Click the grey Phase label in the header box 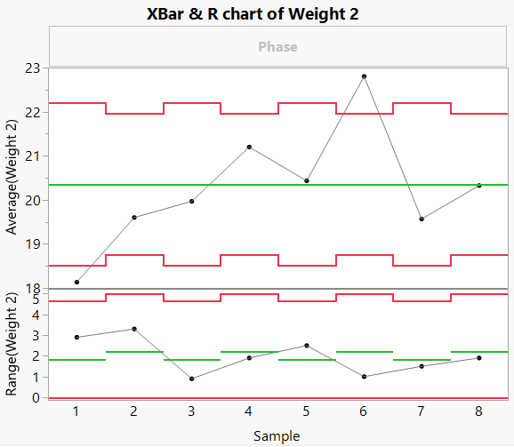[x=277, y=46]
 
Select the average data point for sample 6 [x=364, y=76]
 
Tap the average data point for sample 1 [x=77, y=282]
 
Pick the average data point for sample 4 [x=249, y=147]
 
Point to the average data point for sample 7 [x=422, y=219]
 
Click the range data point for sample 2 [x=134, y=329]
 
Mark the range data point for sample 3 [x=192, y=379]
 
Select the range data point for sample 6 [x=364, y=377]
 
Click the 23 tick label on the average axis [x=32, y=68]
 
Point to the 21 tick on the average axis [x=32, y=156]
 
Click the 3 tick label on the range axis [x=36, y=336]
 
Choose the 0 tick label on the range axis [x=36, y=397]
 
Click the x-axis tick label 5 [x=306, y=411]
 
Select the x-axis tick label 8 [x=478, y=411]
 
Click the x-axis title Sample [x=277, y=435]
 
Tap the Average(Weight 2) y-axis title [x=12, y=178]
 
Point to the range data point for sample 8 [x=478, y=358]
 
